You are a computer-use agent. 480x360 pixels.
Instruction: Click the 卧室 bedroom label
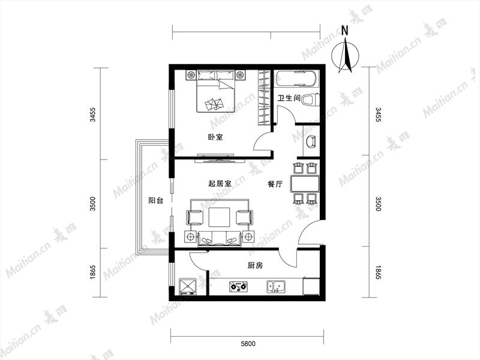[x=215, y=137]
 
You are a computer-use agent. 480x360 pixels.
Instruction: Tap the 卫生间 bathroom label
[x=289, y=98]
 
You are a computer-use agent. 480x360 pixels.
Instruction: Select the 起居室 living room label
[x=220, y=184]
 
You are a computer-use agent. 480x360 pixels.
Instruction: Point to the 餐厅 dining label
[x=275, y=184]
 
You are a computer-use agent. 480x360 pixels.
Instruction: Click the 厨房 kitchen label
[x=255, y=265]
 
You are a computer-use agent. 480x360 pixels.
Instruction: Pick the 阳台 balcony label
[x=156, y=201]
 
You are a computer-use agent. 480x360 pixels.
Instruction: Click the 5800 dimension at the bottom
[x=248, y=344]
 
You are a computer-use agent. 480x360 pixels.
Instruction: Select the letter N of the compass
[x=345, y=31]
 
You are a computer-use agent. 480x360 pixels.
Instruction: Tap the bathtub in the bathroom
[x=296, y=79]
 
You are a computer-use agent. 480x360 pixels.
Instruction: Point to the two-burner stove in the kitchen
[x=239, y=287]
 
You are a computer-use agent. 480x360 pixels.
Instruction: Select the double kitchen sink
[x=277, y=287]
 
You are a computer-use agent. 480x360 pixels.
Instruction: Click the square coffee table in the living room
[x=219, y=217]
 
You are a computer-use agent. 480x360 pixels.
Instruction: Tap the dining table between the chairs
[x=305, y=184]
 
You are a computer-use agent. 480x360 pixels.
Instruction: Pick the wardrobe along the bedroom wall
[x=265, y=97]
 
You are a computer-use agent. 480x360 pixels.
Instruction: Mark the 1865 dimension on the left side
[x=93, y=272]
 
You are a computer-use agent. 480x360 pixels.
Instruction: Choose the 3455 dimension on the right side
[x=379, y=115]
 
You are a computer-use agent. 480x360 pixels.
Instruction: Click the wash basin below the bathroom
[x=311, y=141]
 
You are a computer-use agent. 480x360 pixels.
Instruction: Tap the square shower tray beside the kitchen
[x=187, y=286]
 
